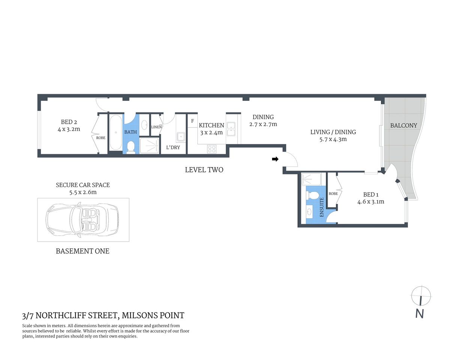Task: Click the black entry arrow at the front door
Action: [x=275, y=159]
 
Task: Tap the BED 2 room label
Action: [x=69, y=122]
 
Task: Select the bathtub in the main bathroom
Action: [x=116, y=133]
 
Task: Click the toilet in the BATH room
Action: [x=131, y=147]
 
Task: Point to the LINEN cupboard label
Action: [x=156, y=127]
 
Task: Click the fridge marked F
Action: [x=192, y=121]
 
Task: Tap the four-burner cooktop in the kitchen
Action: [x=212, y=149]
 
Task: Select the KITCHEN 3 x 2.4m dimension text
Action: [x=211, y=132]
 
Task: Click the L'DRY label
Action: [x=173, y=147]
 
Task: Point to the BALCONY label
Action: [x=403, y=126]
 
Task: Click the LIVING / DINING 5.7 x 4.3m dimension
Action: [x=333, y=139]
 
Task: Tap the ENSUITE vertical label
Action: [x=322, y=207]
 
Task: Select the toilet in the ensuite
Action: [x=312, y=195]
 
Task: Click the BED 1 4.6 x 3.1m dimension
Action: [x=370, y=201]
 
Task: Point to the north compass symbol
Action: [x=421, y=297]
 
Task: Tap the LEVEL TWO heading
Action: [x=204, y=170]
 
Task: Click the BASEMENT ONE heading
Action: [x=83, y=251]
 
